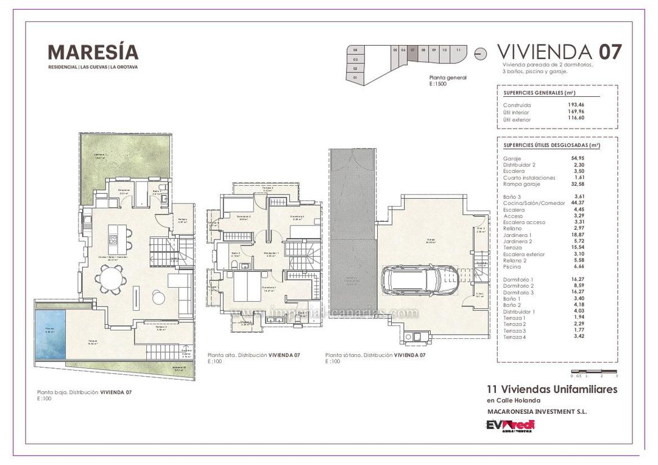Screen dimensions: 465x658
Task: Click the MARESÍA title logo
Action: point(93,52)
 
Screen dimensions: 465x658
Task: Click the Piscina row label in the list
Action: point(512,267)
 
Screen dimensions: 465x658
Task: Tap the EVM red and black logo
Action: point(511,425)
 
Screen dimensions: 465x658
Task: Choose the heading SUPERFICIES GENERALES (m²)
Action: point(540,93)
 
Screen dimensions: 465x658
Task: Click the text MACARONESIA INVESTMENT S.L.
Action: point(537,412)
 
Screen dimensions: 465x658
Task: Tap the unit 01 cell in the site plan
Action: point(355,78)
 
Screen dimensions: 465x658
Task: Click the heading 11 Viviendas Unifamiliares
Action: point(552,389)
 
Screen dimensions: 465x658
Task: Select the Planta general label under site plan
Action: point(448,77)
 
